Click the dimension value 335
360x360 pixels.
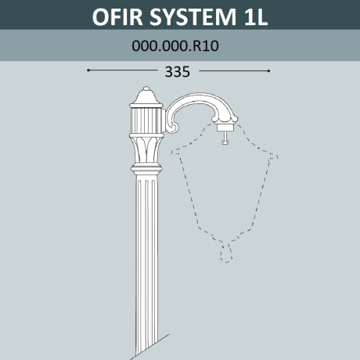178,71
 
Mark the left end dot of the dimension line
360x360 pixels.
88,70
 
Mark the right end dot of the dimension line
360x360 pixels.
268,70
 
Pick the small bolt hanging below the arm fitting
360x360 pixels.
226,138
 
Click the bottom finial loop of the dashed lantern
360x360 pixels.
226,252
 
